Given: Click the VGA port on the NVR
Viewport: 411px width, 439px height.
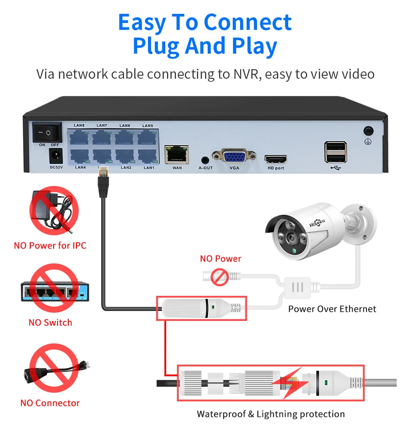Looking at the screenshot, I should click(234, 156).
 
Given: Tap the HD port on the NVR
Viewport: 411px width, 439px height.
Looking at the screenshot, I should click(276, 158).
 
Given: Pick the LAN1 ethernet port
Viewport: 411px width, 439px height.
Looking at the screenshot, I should click(148, 156).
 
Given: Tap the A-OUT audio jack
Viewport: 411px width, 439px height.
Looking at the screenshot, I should click(205, 159).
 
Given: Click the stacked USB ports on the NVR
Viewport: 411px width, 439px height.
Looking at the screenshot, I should click(335, 152).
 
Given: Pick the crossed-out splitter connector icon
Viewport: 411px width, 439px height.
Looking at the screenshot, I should click(54, 368).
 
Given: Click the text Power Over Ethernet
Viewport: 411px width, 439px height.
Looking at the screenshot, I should click(332, 309).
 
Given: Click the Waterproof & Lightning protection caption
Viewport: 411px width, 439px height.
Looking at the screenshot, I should click(271, 414).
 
